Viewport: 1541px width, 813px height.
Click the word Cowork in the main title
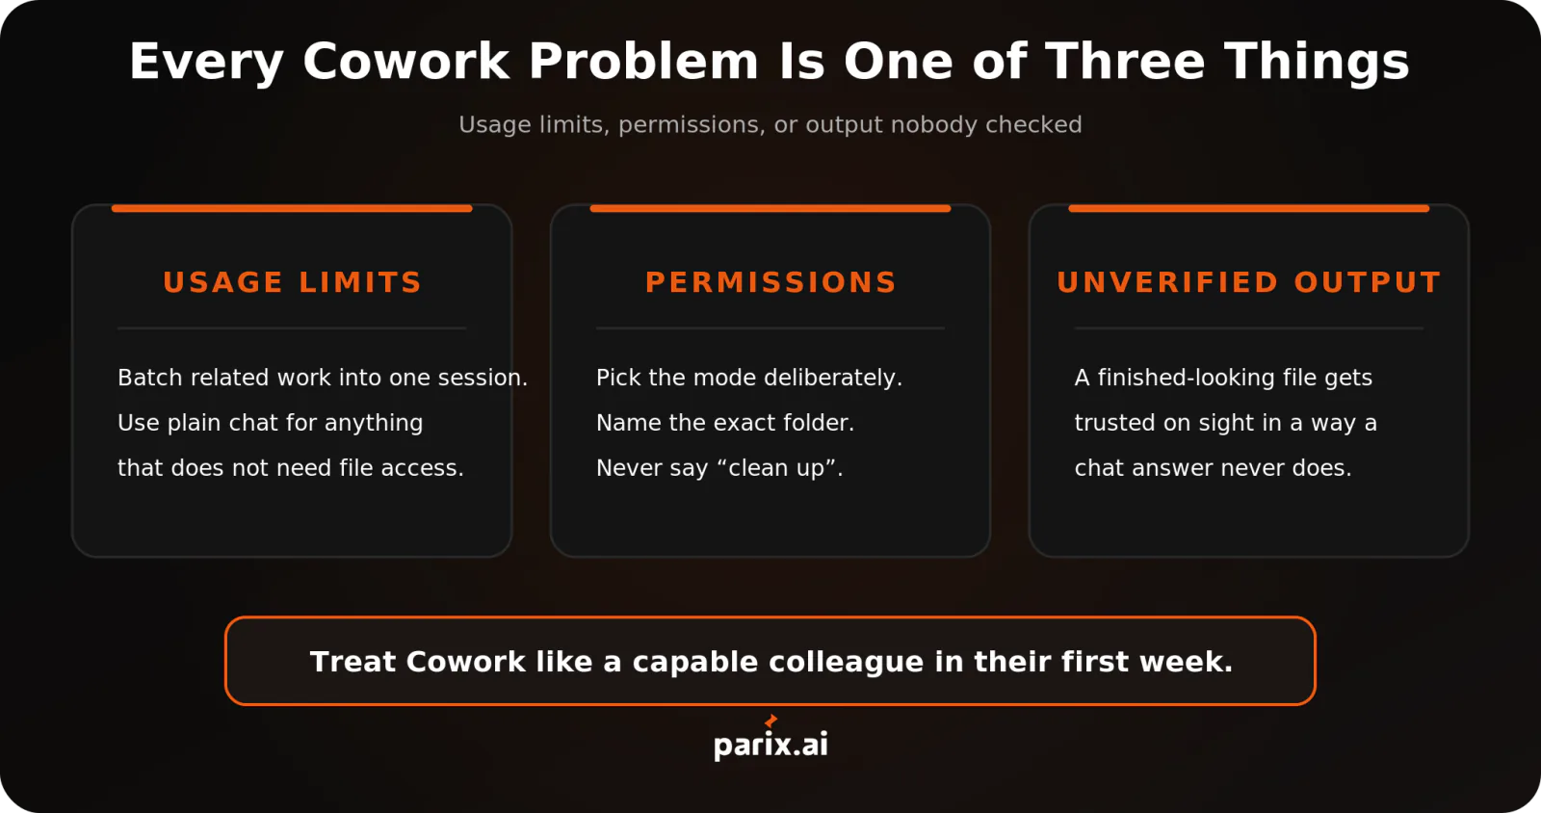pyautogui.click(x=405, y=62)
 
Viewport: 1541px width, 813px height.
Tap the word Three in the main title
pyautogui.click(x=1126, y=62)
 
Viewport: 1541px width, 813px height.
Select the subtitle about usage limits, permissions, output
pyautogui.click(x=770, y=124)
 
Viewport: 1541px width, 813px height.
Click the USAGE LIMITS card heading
pyautogui.click(x=292, y=282)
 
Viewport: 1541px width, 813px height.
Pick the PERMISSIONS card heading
pyautogui.click(x=770, y=282)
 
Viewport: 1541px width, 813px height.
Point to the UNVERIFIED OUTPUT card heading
pyautogui.click(x=1248, y=282)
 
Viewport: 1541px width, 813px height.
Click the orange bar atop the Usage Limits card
pyautogui.click(x=292, y=208)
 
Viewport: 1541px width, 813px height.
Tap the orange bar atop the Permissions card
pyautogui.click(x=770, y=208)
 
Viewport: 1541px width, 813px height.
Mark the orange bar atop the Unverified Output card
pyautogui.click(x=1248, y=208)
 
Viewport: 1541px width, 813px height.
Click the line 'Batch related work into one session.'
pyautogui.click(x=323, y=378)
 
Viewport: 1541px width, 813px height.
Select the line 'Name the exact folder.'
pyautogui.click(x=725, y=422)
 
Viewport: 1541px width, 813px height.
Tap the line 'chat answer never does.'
pyautogui.click(x=1213, y=468)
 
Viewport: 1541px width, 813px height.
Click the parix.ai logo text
pyautogui.click(x=770, y=745)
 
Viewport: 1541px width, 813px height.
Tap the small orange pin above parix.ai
pyautogui.click(x=771, y=721)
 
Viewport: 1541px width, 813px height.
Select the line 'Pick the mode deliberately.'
pyautogui.click(x=749, y=378)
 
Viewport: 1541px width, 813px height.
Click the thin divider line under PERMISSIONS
pyautogui.click(x=770, y=328)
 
